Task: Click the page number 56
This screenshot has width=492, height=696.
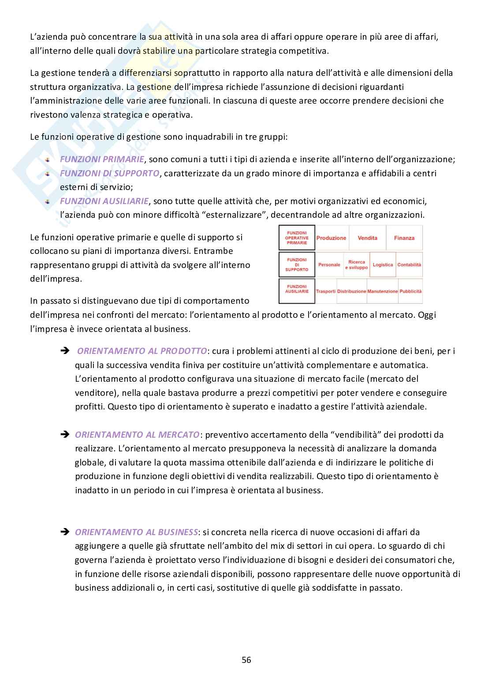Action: pos(246,660)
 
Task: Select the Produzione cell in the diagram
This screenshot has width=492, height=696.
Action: pos(331,238)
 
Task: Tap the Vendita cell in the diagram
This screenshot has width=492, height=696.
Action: pos(367,238)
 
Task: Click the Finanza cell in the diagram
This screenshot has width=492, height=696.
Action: pos(404,238)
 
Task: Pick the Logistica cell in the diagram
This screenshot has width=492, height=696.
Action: pos(382,265)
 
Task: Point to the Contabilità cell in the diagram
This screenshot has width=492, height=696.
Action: pos(409,265)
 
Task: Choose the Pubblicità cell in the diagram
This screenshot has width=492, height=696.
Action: pos(410,291)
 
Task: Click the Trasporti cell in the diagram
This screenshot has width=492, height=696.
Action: pos(325,291)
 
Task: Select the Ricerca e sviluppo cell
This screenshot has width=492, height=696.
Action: pos(356,265)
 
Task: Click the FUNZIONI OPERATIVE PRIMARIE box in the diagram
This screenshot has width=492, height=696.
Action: pos(297,238)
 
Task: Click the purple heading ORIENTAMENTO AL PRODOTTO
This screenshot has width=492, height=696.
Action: pos(142,351)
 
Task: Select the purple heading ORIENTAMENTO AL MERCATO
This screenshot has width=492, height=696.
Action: pos(137,435)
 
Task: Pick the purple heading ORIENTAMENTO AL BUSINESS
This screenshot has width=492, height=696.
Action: pos(136,532)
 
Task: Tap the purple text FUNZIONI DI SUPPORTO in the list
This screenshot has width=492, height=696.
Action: pos(109,173)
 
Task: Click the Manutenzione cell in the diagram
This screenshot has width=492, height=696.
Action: pos(382,291)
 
